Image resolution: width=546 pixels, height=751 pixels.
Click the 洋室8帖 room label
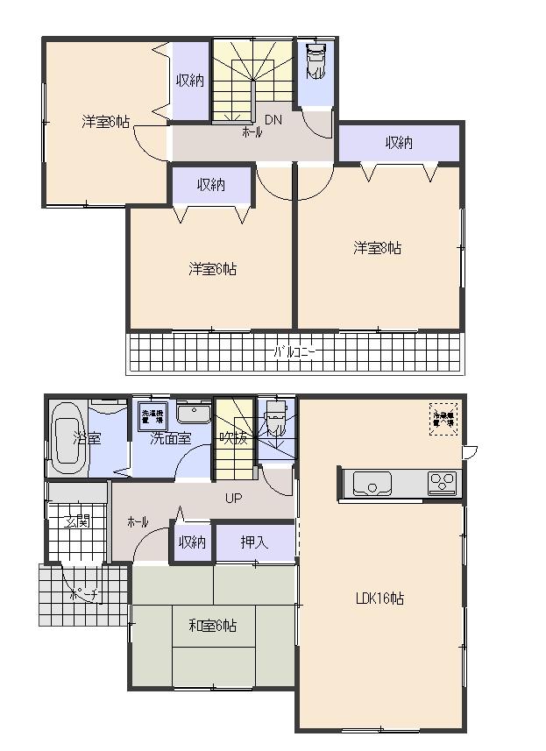click(378, 248)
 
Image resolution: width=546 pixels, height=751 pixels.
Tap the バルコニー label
click(295, 352)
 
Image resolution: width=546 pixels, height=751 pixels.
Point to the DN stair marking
click(273, 120)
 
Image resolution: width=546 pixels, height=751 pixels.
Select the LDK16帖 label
click(379, 599)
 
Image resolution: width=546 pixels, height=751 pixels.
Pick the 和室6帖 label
click(212, 626)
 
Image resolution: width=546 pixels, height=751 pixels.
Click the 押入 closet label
click(254, 543)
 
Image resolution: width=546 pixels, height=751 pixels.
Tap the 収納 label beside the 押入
click(192, 543)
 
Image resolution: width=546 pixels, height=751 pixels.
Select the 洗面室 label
click(170, 439)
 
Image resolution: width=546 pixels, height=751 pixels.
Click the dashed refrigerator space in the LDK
click(443, 419)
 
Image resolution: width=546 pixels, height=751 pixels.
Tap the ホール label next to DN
click(252, 132)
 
